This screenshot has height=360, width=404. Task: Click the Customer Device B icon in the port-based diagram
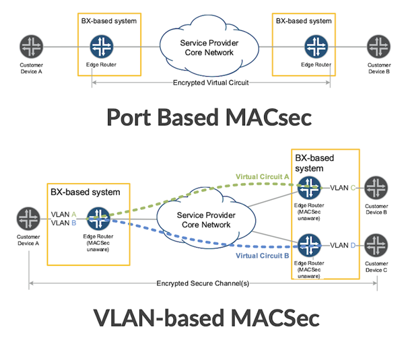(378, 46)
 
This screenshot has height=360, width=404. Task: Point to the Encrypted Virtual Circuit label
(211, 83)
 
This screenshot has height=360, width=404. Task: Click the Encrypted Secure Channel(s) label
(203, 283)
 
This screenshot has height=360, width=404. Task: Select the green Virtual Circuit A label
(262, 177)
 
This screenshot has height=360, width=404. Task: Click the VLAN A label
(64, 214)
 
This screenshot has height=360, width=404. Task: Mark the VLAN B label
(64, 223)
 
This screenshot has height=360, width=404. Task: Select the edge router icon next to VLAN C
(310, 188)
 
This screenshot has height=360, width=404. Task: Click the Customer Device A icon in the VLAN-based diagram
(28, 219)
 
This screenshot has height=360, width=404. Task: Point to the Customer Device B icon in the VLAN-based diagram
(376, 188)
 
